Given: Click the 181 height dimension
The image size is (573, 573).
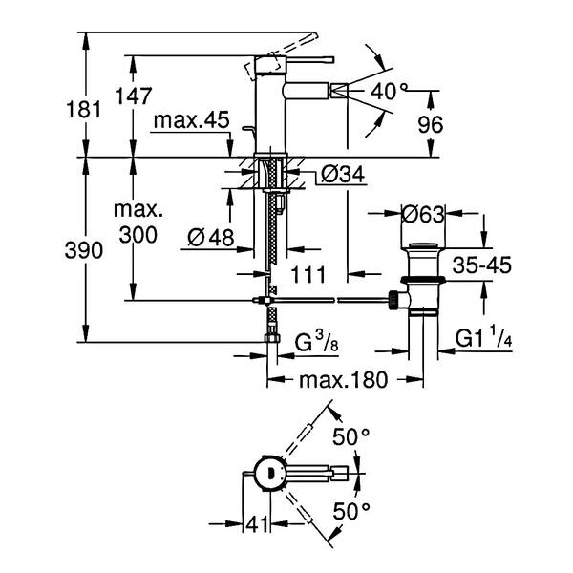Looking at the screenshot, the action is point(83,110).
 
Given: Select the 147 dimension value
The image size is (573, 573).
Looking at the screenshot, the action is point(133,96).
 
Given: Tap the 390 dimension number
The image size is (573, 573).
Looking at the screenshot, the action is point(84,250).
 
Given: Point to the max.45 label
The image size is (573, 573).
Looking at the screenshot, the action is point(192,120).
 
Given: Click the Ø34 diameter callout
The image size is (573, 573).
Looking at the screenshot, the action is point(343,175).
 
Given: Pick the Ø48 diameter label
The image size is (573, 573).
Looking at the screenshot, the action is point(211,238).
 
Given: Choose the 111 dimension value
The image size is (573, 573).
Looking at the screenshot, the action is point(308,275).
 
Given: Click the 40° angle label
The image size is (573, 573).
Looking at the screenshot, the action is point(389,91).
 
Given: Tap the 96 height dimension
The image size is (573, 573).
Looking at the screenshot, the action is point(431,124).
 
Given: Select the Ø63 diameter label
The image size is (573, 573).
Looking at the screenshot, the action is point(423,215).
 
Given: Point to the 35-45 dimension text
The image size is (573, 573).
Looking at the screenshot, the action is point(482,265).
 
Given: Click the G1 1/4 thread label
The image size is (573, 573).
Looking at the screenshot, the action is point(483,338).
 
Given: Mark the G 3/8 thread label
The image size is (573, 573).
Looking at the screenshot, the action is point(317,343).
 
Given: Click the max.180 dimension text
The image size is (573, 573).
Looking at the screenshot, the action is point(343,380).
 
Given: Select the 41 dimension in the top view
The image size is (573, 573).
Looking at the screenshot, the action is point(257,525).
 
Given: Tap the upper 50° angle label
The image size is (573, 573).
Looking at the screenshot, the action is point(351,436).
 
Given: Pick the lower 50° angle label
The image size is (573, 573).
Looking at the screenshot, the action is point(351,511).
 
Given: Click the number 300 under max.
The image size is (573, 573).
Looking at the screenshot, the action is point(138,235).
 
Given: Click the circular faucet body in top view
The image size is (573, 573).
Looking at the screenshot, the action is point(269,473).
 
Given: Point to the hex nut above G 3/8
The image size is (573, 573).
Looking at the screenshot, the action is point(271,338).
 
